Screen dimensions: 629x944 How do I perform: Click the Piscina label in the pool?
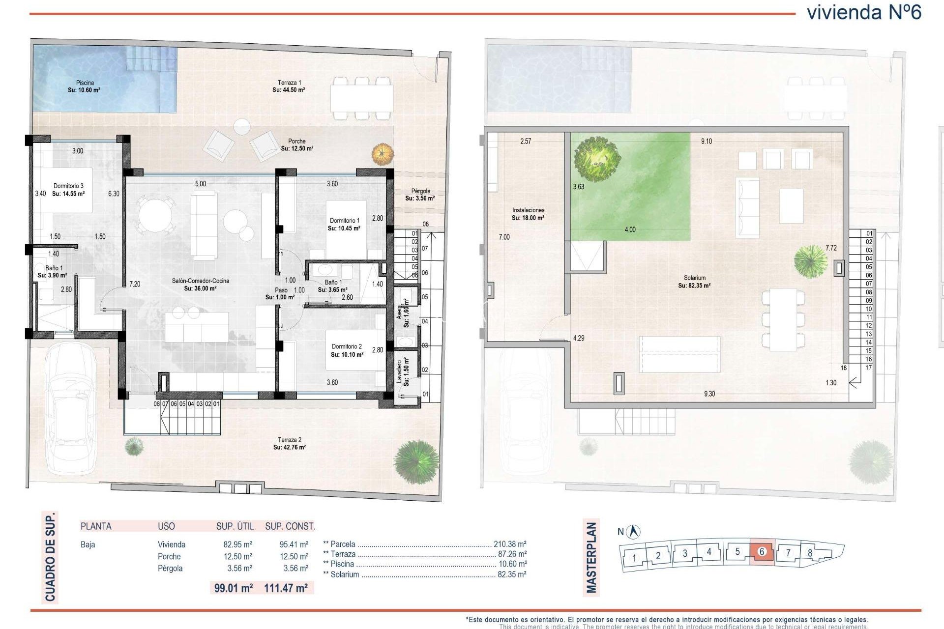click(x=85, y=83)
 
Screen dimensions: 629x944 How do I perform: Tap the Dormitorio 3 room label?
click(x=68, y=186)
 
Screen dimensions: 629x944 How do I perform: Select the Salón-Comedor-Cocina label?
click(x=200, y=281)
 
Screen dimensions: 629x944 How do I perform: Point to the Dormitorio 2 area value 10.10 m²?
click(x=347, y=354)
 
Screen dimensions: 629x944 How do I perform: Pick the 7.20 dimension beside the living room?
click(x=135, y=284)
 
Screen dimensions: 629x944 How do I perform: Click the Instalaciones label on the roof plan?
click(x=528, y=210)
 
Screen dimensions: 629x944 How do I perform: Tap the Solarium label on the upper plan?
click(x=694, y=278)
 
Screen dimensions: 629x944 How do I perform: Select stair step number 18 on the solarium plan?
click(x=844, y=368)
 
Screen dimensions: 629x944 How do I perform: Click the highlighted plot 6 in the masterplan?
click(x=762, y=552)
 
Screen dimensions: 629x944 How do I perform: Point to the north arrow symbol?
click(x=635, y=531)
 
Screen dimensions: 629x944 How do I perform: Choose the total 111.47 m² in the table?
click(x=286, y=588)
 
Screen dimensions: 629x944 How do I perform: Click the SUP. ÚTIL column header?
click(x=235, y=526)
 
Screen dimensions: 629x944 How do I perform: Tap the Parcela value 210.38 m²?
click(x=510, y=544)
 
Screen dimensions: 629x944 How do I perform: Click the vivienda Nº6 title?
click(x=864, y=12)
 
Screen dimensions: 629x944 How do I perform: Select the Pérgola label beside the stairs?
click(x=420, y=191)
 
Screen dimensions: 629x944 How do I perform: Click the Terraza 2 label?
click(x=290, y=440)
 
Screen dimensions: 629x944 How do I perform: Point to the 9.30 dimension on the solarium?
click(x=709, y=394)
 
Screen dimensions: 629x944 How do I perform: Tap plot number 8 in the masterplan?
click(x=810, y=552)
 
